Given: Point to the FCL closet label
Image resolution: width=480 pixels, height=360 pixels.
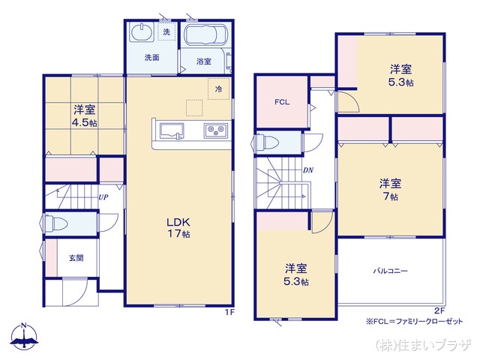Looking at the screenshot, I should pos(282,102).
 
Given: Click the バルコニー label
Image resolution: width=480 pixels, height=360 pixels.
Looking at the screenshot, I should pos(390,271).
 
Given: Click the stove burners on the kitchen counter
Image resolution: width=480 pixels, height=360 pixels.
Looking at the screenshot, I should pos(215,131).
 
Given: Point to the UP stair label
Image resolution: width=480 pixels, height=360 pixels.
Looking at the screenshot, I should pos(103,198).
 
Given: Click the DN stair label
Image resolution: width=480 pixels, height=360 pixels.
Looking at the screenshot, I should pos(307,170).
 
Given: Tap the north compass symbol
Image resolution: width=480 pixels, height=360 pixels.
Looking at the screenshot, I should pos(24,338).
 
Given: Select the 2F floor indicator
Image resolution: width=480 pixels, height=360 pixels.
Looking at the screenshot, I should pos(439,310).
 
